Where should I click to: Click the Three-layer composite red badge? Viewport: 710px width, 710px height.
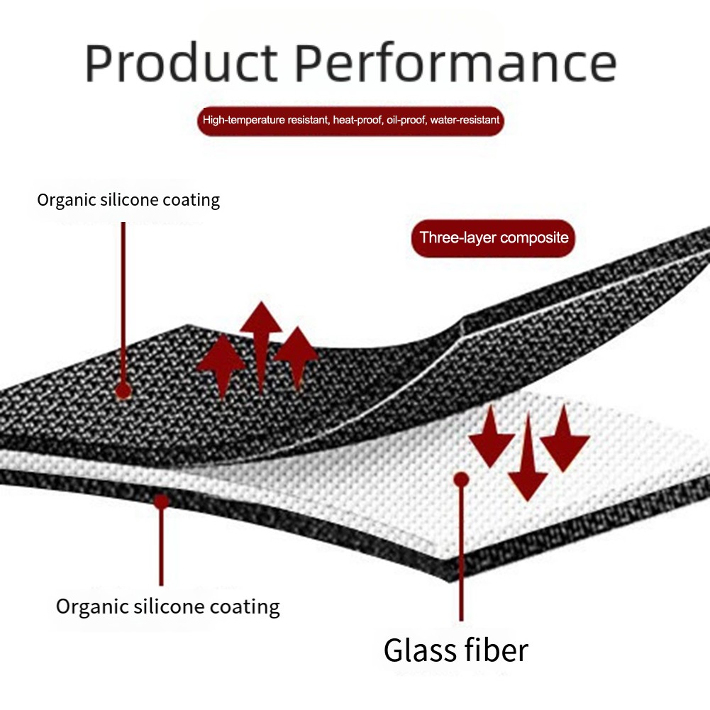(x=494, y=238)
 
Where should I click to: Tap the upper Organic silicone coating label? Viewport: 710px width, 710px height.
(x=128, y=200)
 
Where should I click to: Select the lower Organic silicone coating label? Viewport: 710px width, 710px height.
(x=168, y=607)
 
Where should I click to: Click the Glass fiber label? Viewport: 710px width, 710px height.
(x=456, y=650)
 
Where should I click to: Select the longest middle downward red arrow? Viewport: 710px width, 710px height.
(x=528, y=457)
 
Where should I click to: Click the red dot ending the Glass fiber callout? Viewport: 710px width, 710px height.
(x=461, y=480)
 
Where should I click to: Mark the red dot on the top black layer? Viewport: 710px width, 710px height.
(x=123, y=390)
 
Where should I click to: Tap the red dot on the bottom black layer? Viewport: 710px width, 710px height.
(x=162, y=501)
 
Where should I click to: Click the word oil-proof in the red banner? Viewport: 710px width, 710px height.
(x=403, y=120)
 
